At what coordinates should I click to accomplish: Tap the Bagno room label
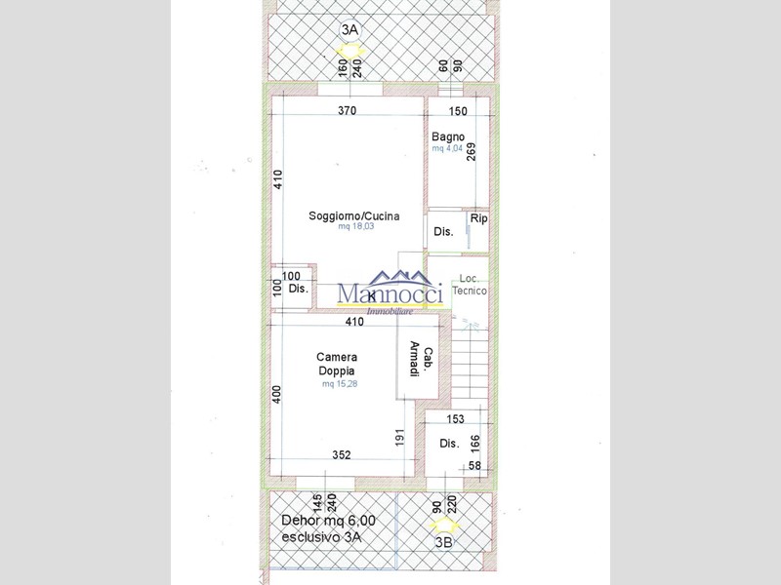448,137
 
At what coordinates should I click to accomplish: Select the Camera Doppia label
336,364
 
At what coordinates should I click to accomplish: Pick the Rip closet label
478,219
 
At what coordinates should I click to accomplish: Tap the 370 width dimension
347,111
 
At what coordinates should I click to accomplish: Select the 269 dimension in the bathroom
472,152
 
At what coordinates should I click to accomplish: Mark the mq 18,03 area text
356,226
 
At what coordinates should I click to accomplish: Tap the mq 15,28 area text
341,384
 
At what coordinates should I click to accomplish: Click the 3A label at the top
349,29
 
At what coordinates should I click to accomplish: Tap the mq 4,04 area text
447,149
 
